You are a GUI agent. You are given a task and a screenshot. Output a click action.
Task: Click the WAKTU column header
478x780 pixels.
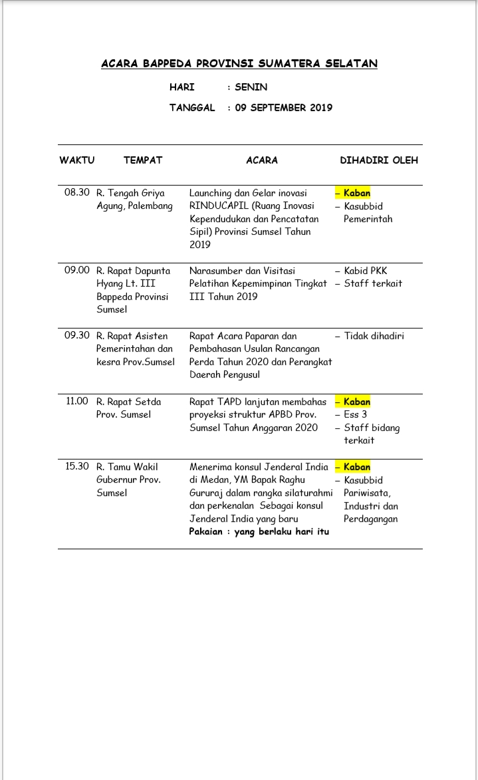(x=77, y=160)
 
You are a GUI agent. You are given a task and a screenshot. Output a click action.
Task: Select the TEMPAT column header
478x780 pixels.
(x=143, y=160)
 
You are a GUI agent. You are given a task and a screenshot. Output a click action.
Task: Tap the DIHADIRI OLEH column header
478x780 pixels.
(x=379, y=160)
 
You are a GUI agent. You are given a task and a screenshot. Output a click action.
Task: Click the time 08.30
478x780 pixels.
(x=76, y=193)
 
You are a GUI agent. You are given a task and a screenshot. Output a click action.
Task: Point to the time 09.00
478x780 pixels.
(x=76, y=271)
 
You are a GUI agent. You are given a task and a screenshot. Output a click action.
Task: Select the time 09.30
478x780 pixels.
(x=76, y=336)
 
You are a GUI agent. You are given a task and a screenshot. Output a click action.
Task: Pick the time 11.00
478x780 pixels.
(x=77, y=402)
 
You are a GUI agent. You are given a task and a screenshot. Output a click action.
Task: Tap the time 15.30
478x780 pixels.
(x=76, y=467)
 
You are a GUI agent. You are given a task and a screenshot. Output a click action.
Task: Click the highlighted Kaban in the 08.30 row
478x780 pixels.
(x=357, y=194)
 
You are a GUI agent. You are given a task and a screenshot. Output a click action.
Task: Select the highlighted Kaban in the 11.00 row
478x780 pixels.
(x=357, y=402)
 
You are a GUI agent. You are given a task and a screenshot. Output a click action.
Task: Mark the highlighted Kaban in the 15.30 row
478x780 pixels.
(x=357, y=467)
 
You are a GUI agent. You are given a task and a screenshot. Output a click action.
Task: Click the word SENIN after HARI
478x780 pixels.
(x=251, y=87)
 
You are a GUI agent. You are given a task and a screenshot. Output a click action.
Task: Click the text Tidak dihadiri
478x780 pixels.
(x=374, y=336)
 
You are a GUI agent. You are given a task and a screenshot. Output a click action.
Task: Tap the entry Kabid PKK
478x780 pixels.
(x=365, y=271)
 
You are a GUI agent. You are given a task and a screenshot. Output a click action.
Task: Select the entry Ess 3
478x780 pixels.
(x=356, y=415)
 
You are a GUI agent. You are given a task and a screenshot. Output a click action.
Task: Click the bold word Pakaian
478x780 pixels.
(x=205, y=532)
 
